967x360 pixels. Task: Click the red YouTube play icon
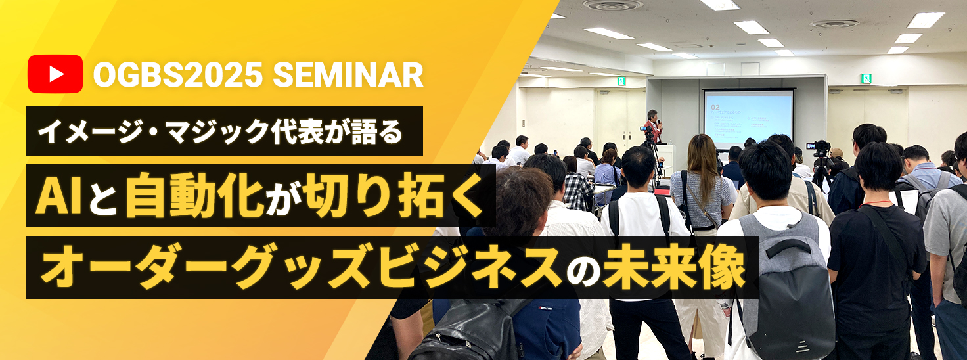tap(55, 74)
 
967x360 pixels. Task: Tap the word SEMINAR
tap(348, 75)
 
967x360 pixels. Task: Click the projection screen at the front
tap(748, 118)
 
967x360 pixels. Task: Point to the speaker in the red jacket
tap(653, 125)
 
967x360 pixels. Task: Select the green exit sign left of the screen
tap(621, 81)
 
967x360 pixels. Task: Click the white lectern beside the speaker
tap(665, 158)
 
